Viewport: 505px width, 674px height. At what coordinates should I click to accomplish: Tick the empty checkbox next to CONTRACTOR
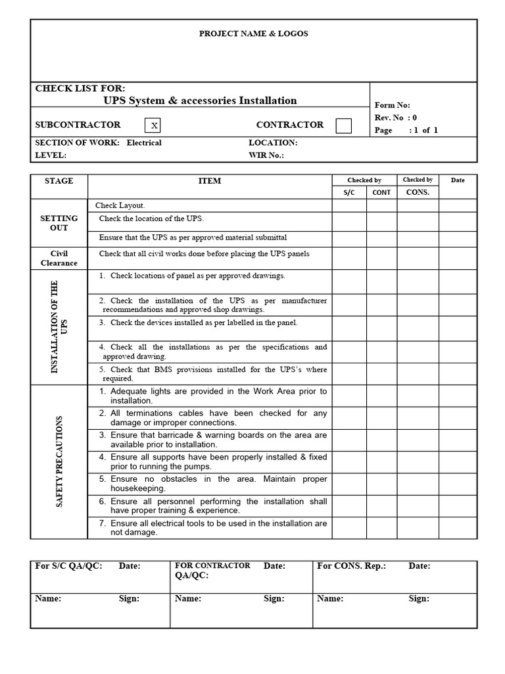[x=343, y=125]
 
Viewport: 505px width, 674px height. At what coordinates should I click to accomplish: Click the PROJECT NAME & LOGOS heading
[x=253, y=34]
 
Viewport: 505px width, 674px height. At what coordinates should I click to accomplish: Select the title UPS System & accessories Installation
[x=200, y=101]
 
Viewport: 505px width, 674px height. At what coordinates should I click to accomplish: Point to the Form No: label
[x=392, y=105]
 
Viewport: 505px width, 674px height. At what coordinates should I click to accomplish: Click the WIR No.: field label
[x=266, y=156]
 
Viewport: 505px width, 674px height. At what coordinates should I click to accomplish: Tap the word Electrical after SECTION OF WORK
[x=144, y=143]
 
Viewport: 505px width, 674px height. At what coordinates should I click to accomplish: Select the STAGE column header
[x=59, y=181]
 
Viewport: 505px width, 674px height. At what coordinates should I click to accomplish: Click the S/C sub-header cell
[x=349, y=193]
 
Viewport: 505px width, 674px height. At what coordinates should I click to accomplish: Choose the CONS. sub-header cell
[x=418, y=192]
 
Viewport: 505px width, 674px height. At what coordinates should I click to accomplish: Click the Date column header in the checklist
[x=458, y=180]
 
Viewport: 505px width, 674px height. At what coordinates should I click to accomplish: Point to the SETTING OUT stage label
[x=59, y=223]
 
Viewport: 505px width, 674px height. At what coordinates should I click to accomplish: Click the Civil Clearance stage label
[x=59, y=258]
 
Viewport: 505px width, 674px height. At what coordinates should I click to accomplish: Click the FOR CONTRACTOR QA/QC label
[x=212, y=570]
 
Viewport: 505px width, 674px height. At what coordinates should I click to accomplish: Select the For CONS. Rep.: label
[x=351, y=566]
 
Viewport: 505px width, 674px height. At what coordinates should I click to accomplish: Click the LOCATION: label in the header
[x=273, y=143]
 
